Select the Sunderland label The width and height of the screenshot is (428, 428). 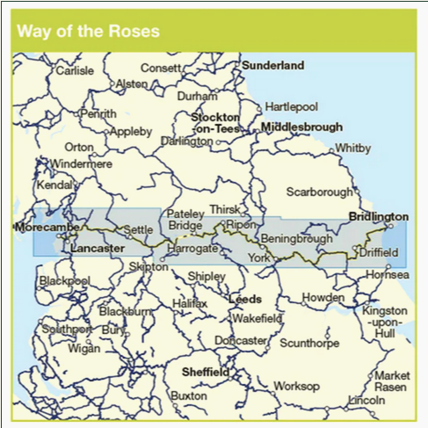pos(272,65)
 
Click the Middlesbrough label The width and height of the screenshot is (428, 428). pos(301,127)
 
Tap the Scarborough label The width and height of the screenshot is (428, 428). pos(319,192)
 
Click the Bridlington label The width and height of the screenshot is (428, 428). pos(378,216)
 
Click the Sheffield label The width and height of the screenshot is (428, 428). pos(205,372)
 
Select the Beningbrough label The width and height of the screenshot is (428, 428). pos(296,238)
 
